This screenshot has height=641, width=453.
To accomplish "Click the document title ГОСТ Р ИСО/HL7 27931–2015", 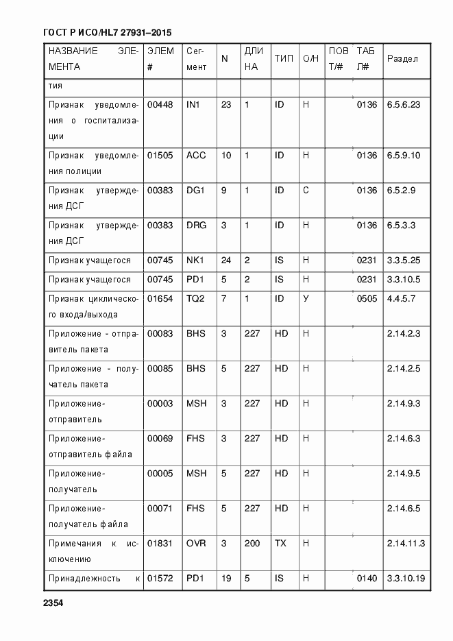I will (107, 32).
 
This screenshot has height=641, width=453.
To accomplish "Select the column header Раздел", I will (402, 58).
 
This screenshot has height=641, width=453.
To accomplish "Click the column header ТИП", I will (284, 58).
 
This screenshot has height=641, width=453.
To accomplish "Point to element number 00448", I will (160, 105).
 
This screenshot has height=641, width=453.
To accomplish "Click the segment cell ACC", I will (196, 156).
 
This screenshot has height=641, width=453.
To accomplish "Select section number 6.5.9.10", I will (404, 156).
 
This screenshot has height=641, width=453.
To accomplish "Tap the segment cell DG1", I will (195, 190).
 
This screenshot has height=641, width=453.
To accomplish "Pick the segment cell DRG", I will (196, 225).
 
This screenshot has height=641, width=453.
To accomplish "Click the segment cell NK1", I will (195, 261).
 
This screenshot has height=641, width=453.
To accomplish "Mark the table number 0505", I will (367, 298).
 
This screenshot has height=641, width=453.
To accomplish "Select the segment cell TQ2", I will (195, 298).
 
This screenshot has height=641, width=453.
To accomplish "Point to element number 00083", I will (160, 333).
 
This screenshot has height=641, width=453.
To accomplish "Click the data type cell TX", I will (280, 543).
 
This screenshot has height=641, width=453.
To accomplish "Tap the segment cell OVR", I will (196, 543).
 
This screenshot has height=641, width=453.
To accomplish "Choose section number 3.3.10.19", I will (406, 579).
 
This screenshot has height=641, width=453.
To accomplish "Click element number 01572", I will (160, 579).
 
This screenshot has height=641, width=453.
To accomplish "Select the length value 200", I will (252, 543).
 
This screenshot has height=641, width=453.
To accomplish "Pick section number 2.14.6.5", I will (404, 508).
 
